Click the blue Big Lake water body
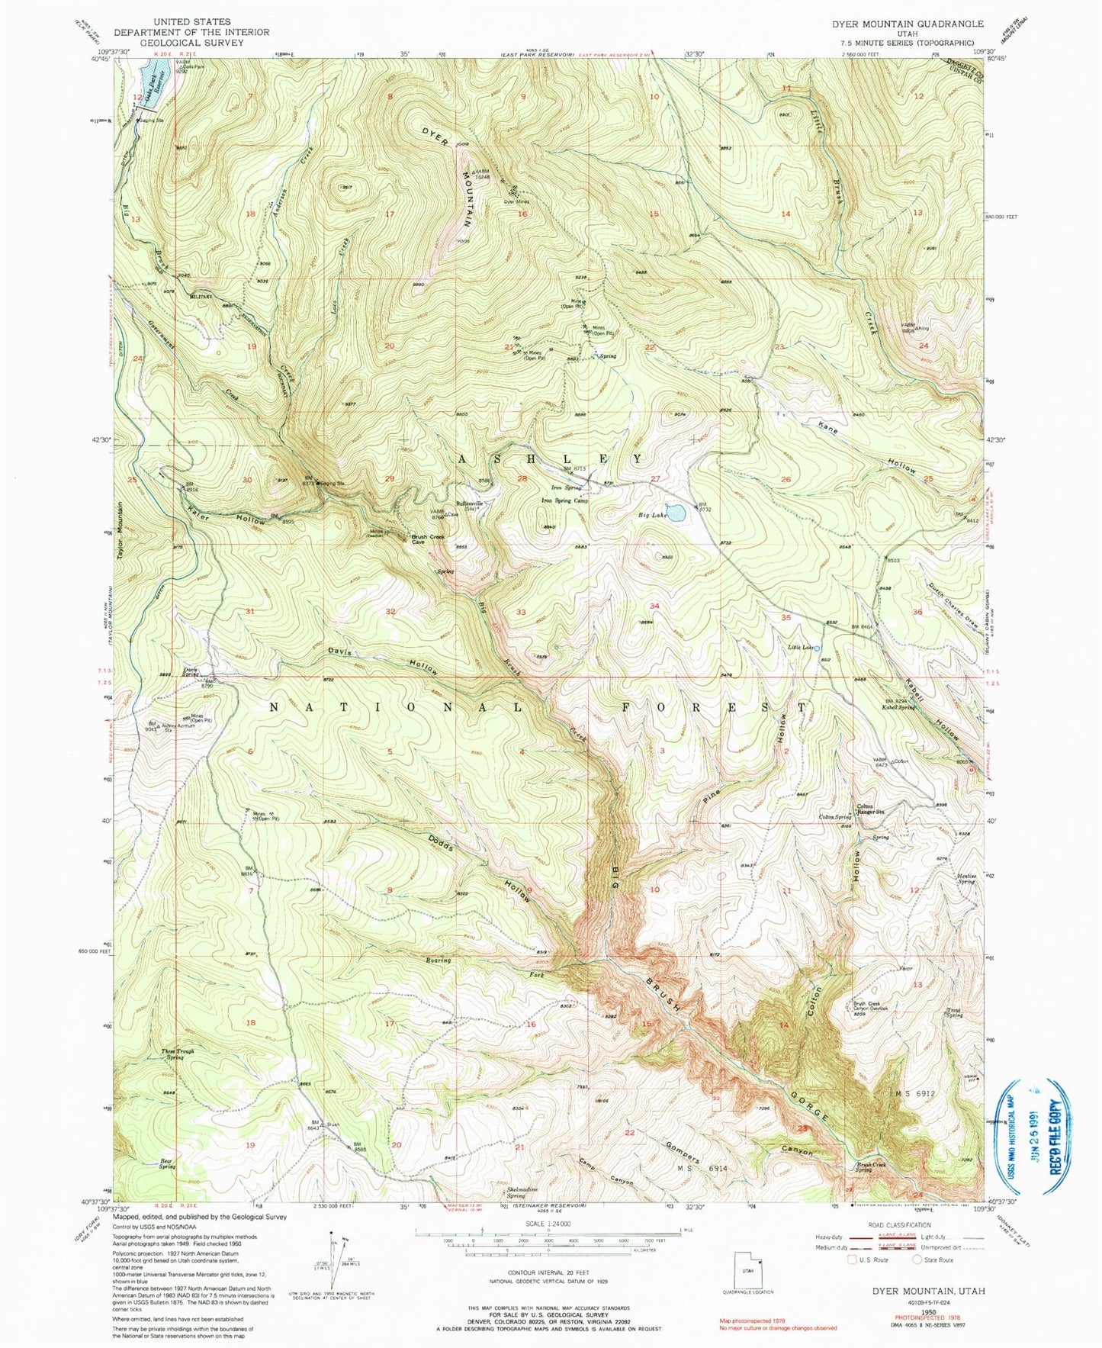pyautogui.click(x=675, y=511)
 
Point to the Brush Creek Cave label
pyautogui.click(x=428, y=539)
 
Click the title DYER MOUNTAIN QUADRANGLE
pyautogui.click(x=908, y=24)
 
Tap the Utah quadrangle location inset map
pyautogui.click(x=748, y=1272)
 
